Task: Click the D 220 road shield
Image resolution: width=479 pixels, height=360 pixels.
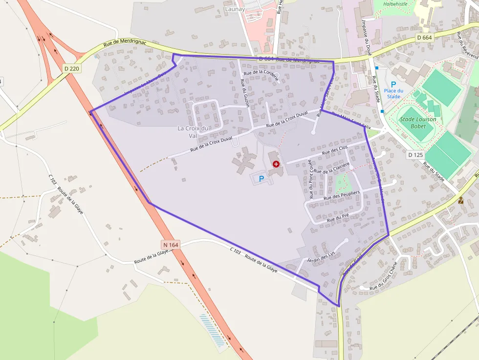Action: pos(71,69)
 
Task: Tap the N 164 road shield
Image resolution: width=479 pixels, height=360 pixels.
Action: pos(170,244)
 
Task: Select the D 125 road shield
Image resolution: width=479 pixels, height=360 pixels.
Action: pos(415,155)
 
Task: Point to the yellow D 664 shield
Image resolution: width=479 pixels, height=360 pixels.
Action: pos(425,38)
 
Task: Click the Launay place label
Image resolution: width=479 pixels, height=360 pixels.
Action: pos(234,9)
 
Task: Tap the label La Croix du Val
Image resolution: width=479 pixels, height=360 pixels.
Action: pos(193,132)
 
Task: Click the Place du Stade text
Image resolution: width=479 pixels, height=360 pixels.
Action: pos(393,93)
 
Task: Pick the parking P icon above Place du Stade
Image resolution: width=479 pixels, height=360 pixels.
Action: pos(393,85)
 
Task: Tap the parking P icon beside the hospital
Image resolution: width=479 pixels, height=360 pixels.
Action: pos(261,179)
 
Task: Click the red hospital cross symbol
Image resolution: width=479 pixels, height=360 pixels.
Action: pos(276,164)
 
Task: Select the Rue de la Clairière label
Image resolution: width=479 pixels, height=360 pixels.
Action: pos(332,169)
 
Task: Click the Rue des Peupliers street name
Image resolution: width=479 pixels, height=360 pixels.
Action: pos(342,196)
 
